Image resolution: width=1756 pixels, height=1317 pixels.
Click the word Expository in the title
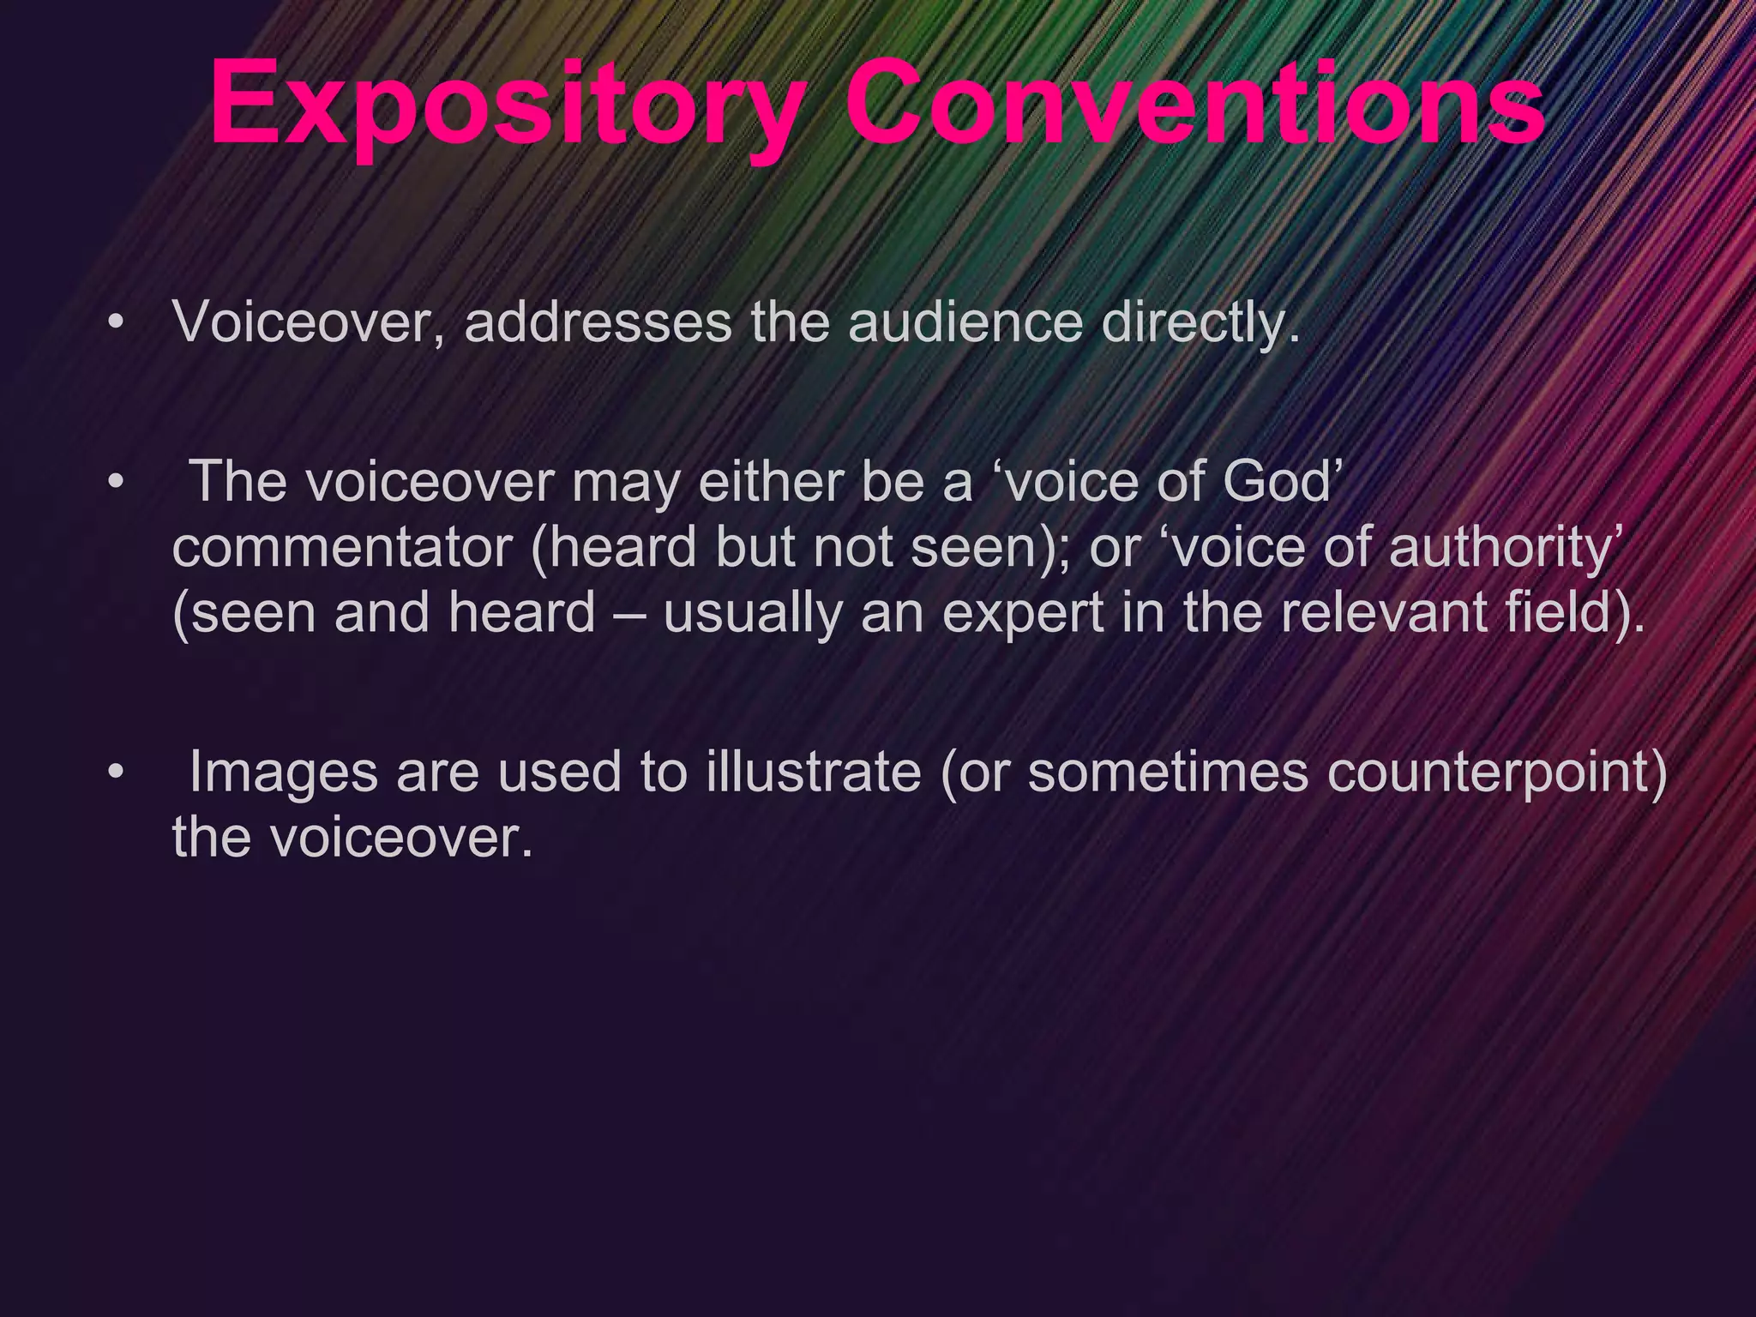(506, 105)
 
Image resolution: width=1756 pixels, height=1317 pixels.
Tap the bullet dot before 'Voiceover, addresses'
(117, 323)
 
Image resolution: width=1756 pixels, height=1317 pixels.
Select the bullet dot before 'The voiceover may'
(117, 482)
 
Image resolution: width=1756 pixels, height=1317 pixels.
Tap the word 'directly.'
(1200, 324)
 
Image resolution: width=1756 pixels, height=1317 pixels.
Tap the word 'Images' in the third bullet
(283, 772)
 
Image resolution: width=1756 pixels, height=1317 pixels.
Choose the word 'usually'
(753, 614)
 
